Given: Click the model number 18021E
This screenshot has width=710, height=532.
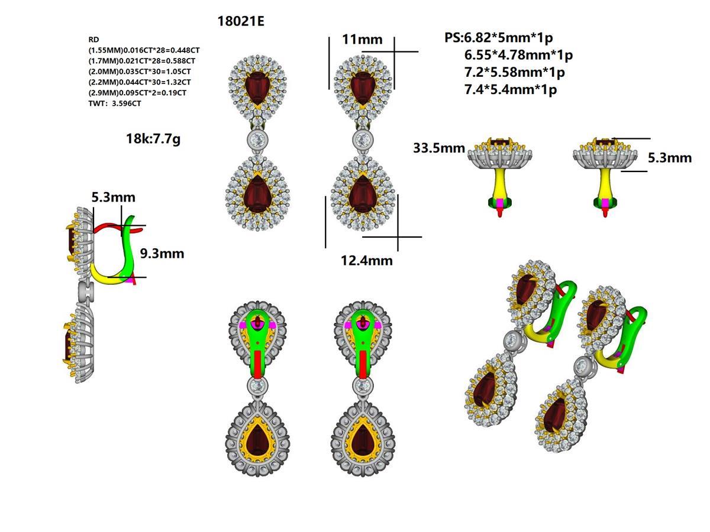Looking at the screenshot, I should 241,22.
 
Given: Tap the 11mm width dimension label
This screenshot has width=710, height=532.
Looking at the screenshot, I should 362,40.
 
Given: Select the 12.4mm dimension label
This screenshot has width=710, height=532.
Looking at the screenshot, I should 366,260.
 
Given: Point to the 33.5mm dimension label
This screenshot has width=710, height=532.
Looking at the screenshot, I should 439,148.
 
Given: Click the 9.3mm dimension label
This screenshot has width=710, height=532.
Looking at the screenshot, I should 162,254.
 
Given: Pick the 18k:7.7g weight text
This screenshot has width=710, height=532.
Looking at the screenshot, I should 153,140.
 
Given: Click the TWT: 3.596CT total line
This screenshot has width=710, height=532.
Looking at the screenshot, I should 115,103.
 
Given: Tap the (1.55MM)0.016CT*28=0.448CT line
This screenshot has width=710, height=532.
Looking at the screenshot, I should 142,50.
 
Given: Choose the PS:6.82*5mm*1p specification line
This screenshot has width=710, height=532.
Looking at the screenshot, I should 498,38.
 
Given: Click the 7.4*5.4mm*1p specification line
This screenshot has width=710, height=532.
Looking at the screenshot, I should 511,90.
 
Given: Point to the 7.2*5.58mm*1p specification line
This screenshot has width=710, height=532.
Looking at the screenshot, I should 515,73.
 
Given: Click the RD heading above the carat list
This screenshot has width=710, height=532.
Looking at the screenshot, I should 93,40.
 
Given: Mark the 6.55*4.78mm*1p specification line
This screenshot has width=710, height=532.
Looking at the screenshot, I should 519,55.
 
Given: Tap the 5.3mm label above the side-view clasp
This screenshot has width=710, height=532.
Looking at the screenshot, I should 113,197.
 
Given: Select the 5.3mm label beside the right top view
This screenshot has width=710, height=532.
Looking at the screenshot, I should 669,158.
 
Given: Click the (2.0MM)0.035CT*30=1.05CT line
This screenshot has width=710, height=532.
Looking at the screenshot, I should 140,72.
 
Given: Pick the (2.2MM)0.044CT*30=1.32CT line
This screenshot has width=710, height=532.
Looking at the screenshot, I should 140,82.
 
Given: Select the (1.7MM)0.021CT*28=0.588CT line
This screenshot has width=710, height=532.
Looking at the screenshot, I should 142,61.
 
